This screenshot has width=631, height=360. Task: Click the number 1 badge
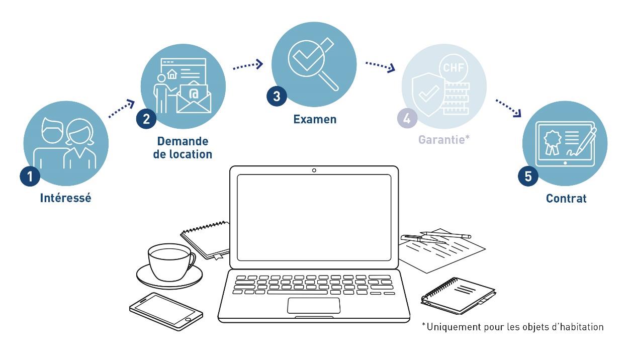pyautogui.click(x=30, y=176)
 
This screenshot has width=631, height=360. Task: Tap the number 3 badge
pyautogui.click(x=277, y=96)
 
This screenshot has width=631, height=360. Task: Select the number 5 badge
pyautogui.click(x=528, y=176)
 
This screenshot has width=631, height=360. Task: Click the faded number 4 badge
pyautogui.click(x=407, y=118)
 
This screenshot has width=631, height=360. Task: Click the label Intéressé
pyautogui.click(x=66, y=198)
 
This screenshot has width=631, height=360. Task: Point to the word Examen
pyautogui.click(x=315, y=119)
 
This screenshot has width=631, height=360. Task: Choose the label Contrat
pyautogui.click(x=566, y=198)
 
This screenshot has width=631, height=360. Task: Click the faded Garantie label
pyautogui.click(x=444, y=139)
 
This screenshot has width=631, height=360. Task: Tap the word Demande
pyautogui.click(x=183, y=141)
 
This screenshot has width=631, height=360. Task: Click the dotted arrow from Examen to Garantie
pyautogui.click(x=380, y=66)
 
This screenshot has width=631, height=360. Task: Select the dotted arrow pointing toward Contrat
pyautogui.click(x=509, y=108)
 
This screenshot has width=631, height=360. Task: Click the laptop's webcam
pyautogui.click(x=314, y=170)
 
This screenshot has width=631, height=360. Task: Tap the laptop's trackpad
pyautogui.click(x=314, y=305)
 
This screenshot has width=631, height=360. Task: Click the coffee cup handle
pyautogui.click(x=193, y=261)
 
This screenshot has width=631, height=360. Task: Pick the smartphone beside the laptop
pyautogui.click(x=166, y=312)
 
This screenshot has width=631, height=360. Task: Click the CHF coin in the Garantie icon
pyautogui.click(x=453, y=68)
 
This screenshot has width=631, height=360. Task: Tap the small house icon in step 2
pyautogui.click(x=172, y=74)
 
